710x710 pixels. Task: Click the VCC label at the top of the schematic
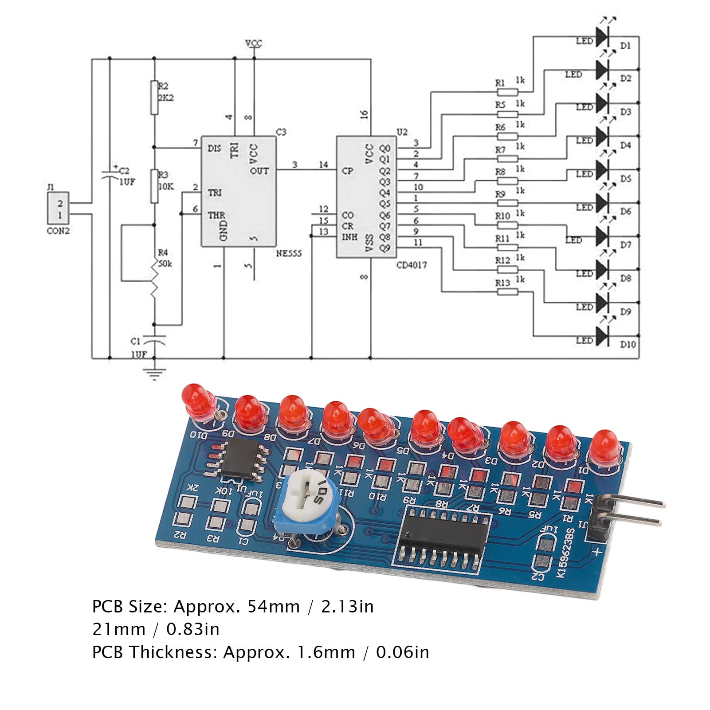[254, 43]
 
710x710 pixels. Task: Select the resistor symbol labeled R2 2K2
[154, 97]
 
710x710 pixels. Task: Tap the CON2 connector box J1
[60, 208]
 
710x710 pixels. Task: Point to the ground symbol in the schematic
[154, 373]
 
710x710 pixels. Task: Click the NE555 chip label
[289, 254]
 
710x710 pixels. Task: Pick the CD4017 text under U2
[412, 265]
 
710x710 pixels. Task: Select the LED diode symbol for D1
[602, 37]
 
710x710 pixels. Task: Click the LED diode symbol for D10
[602, 337]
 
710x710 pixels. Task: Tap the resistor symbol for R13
[507, 292]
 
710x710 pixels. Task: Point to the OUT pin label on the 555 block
[259, 170]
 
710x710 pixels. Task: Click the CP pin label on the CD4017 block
[347, 171]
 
